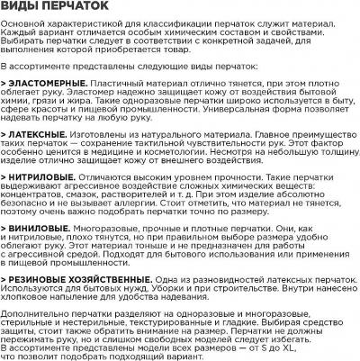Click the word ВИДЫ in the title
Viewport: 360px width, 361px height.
tap(22, 10)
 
